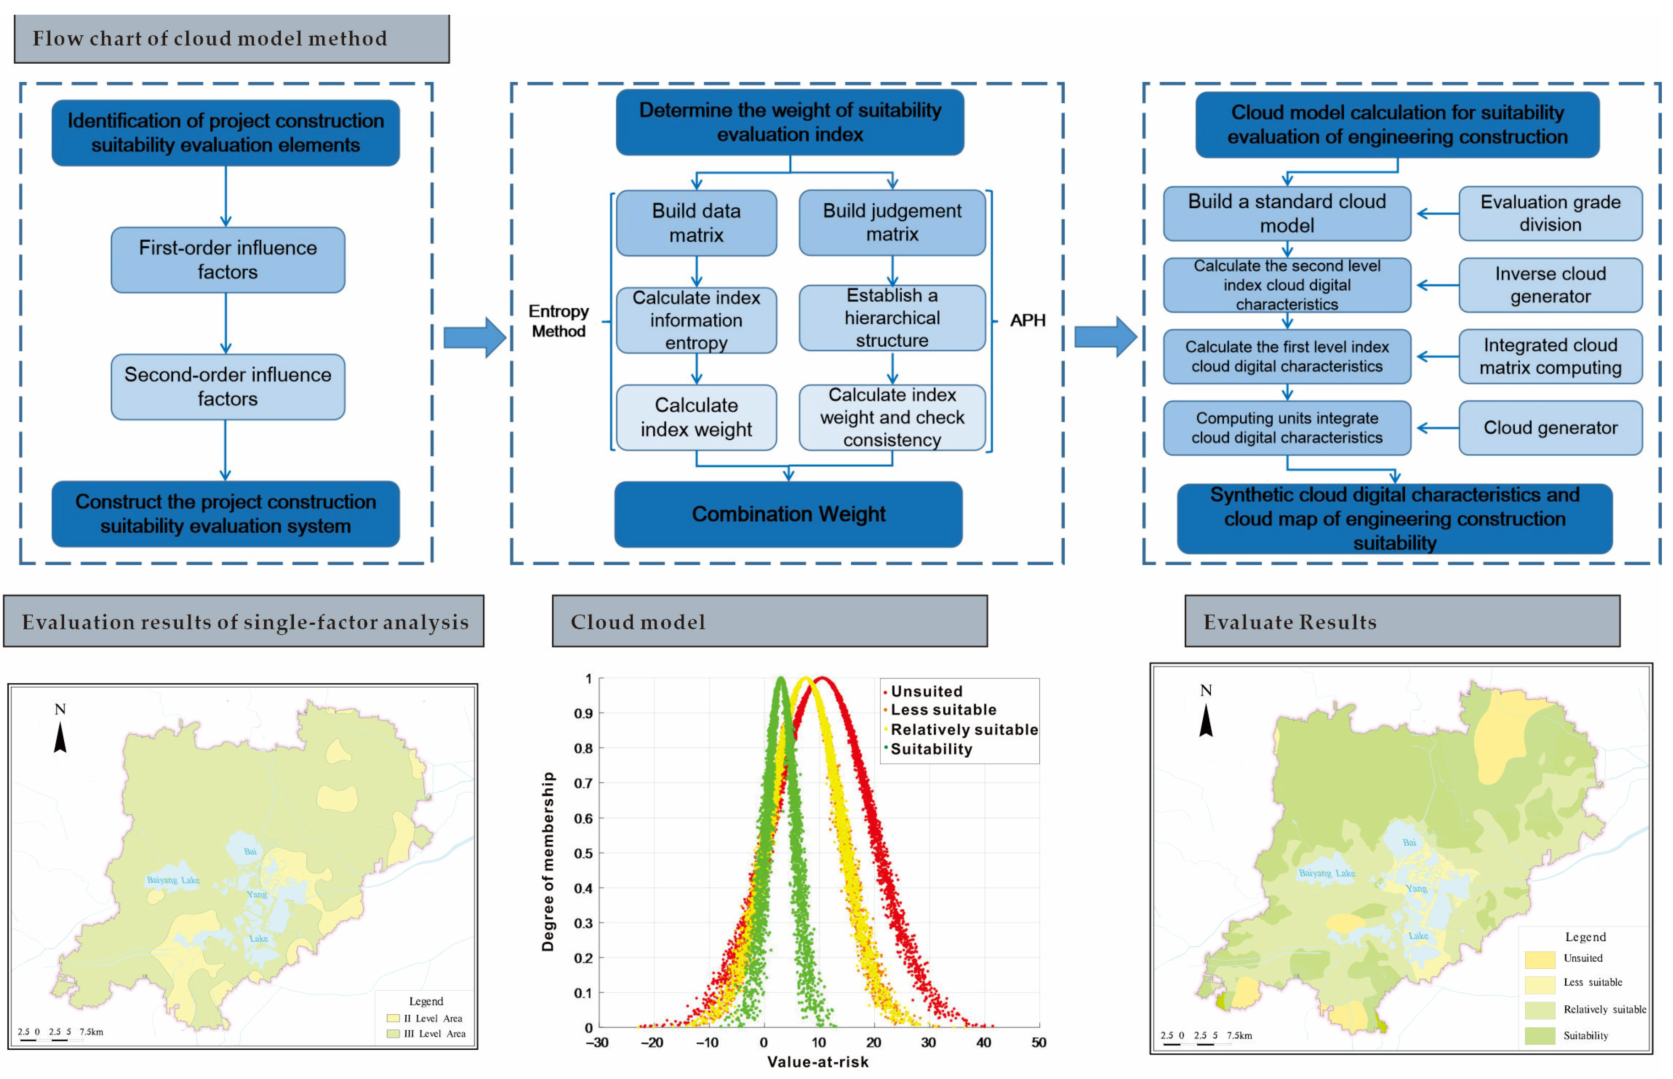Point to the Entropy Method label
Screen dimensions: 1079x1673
558,321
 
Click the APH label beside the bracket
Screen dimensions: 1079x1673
1027,320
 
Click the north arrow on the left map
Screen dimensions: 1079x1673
60,737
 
